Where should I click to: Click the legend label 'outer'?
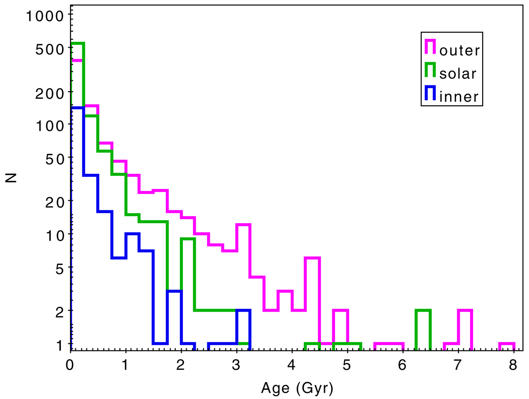pos(459,51)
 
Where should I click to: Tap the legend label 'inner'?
pos(459,97)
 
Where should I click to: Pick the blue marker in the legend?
pos(430,93)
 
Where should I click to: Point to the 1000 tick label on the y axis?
pos(45,17)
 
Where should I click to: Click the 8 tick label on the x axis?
pos(514,365)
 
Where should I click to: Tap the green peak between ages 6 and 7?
pos(423,311)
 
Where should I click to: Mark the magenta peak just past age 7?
pos(465,311)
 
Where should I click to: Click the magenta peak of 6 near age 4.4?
pos(312,258)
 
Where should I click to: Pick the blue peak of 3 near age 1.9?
pos(174,291)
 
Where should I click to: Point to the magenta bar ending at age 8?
pos(507,343)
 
